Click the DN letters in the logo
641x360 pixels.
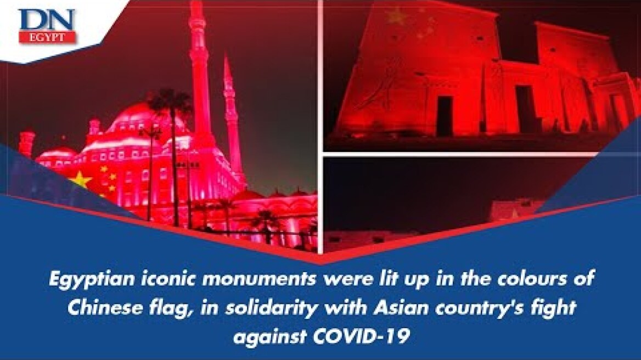tap(47, 20)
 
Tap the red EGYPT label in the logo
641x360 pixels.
tap(47, 37)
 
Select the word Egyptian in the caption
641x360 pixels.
tap(81, 279)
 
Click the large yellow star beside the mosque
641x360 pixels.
tap(81, 179)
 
